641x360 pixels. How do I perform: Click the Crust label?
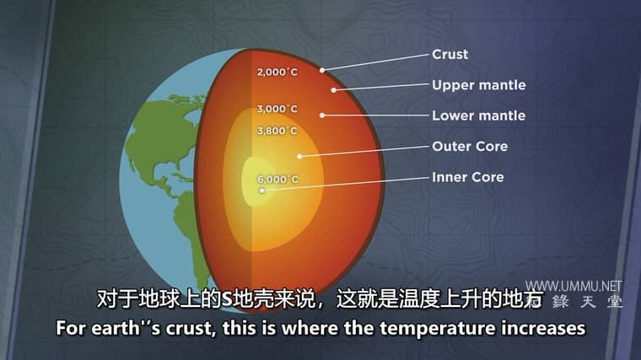[x=450, y=54]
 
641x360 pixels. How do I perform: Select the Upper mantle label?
[x=479, y=85]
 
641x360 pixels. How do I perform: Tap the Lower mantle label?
[x=479, y=116]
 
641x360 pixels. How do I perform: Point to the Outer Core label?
[x=470, y=147]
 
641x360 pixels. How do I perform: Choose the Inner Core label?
[x=467, y=177]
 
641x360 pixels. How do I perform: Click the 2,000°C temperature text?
[x=277, y=73]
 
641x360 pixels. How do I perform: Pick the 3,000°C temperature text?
[x=277, y=109]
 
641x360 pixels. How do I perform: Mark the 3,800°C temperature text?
[x=277, y=132]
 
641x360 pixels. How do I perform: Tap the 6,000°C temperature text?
[x=277, y=180]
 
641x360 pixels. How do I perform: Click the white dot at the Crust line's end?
[x=322, y=70]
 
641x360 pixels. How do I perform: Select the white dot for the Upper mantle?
[x=334, y=90]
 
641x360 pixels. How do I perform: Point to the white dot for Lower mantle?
[x=322, y=116]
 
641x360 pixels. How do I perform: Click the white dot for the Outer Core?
[x=299, y=156]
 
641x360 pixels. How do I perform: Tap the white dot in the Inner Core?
[x=262, y=191]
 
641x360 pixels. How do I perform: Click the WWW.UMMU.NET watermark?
[x=574, y=286]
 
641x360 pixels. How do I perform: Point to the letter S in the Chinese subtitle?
[x=227, y=299]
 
